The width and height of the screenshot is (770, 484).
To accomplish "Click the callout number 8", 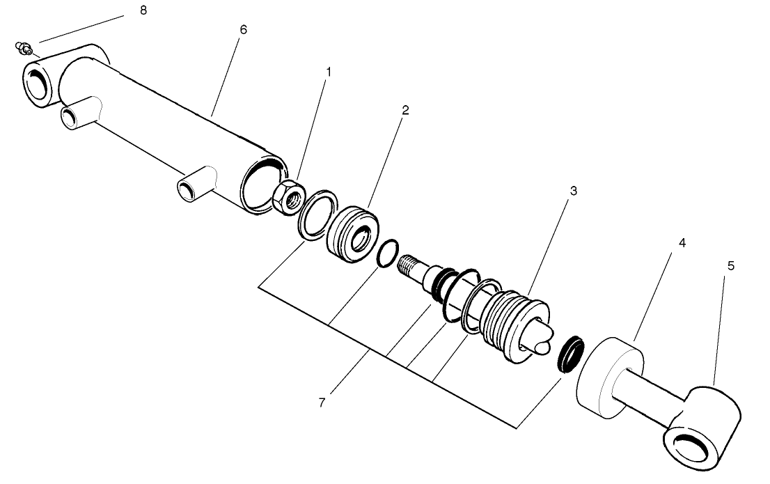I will click(143, 10).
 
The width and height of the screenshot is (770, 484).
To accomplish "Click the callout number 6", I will click(242, 30).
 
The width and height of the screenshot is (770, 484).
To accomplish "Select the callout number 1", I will click(329, 72).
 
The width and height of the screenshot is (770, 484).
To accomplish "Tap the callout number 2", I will click(405, 111).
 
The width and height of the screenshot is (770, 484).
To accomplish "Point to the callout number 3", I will click(572, 190).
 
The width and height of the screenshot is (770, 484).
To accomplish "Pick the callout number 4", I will click(682, 243).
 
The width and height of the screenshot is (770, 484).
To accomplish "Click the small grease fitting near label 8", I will click(25, 49).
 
